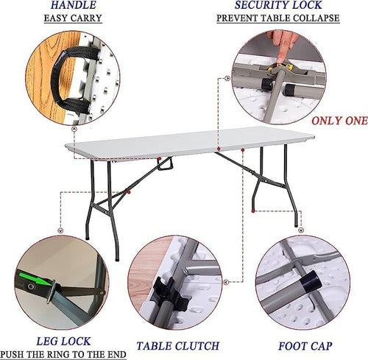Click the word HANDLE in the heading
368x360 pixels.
point(73,5)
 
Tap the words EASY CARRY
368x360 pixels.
point(73,18)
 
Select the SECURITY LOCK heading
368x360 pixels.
point(278,5)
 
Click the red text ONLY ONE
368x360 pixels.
point(339,121)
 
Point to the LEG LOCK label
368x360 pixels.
point(63,341)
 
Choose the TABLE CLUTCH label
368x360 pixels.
point(177,346)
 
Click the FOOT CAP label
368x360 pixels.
point(305,346)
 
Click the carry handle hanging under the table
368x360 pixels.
point(166,163)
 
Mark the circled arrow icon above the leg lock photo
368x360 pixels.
point(60,230)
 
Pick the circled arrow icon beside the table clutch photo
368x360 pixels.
point(227,282)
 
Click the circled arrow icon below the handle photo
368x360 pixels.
point(74,129)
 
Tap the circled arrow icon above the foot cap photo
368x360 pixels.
point(301,230)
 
